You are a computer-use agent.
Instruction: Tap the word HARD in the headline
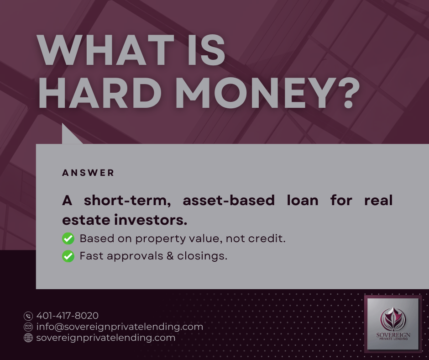point(99,93)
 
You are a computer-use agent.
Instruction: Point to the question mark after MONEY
point(349,93)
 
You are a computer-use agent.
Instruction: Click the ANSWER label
point(88,173)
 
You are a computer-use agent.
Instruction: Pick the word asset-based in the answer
point(229,200)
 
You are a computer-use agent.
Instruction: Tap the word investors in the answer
point(150,220)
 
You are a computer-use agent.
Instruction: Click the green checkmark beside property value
point(68,238)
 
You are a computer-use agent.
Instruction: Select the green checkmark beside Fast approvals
point(68,256)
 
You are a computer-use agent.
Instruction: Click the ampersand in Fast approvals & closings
point(170,256)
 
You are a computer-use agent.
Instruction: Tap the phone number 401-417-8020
point(67,316)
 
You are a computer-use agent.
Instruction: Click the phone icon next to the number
point(28,316)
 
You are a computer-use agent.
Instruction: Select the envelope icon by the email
point(28,327)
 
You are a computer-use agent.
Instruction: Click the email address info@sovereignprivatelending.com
point(120,327)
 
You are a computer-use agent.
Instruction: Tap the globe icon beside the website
point(28,338)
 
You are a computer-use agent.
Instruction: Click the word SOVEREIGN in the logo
point(393,335)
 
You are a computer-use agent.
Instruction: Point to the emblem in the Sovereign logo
point(393,319)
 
